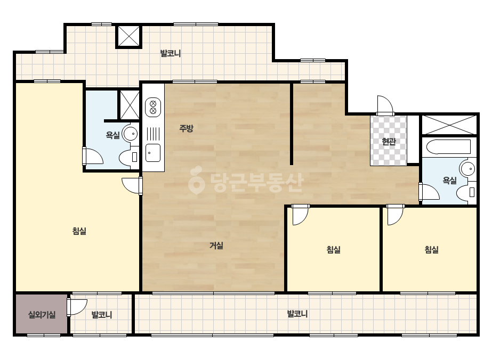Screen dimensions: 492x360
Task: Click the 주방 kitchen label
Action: [x=186, y=128]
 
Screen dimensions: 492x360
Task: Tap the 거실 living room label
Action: [x=216, y=246]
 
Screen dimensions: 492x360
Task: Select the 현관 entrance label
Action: [x=389, y=142]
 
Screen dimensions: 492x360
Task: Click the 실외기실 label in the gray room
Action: [x=42, y=315]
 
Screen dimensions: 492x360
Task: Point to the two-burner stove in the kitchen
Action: [x=153, y=107]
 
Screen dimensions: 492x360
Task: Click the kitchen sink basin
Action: [x=153, y=153]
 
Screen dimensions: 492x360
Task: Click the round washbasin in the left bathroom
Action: [x=130, y=134]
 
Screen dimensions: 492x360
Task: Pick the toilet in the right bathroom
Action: [x=466, y=192]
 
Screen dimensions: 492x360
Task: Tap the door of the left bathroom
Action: [x=93, y=156]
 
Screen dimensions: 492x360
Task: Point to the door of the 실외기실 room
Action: [x=77, y=307]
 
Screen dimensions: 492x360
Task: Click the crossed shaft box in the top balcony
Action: [x=128, y=36]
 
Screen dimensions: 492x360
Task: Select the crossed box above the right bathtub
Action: [x=449, y=125]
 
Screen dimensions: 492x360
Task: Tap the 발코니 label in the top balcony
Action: [x=171, y=54]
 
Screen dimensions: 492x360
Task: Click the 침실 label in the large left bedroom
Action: [x=79, y=232]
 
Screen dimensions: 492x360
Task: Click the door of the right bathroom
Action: [x=429, y=192]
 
